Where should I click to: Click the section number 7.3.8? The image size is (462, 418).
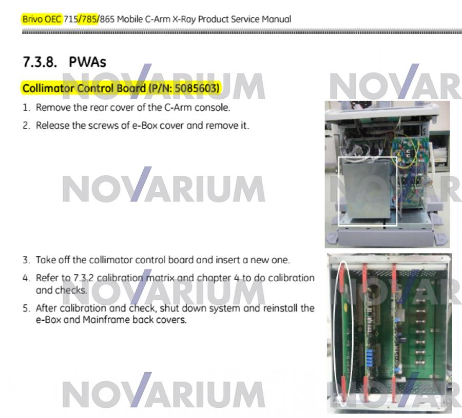pyautogui.click(x=40, y=62)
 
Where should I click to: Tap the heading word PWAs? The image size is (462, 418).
pyautogui.click(x=87, y=62)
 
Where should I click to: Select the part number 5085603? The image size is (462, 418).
pyautogui.click(x=196, y=88)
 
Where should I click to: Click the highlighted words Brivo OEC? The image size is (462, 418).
pyautogui.click(x=42, y=19)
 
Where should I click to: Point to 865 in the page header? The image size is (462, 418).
pyautogui.click(x=107, y=19)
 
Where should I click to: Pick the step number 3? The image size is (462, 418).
pyautogui.click(x=26, y=260)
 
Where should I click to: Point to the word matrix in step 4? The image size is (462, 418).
pyautogui.click(x=160, y=278)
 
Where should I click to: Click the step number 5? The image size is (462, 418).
pyautogui.click(x=26, y=308)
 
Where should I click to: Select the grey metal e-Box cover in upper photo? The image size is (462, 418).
pyautogui.click(x=366, y=190)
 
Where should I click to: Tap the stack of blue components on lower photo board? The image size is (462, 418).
pyautogui.click(x=370, y=358)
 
